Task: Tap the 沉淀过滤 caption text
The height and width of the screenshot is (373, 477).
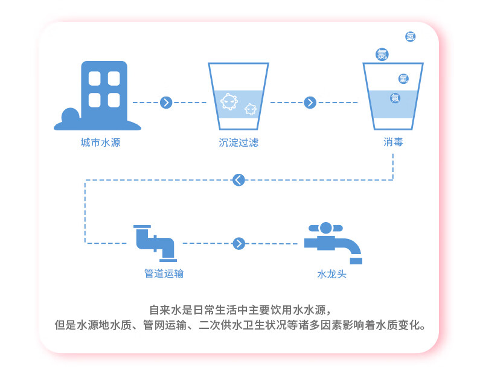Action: (x=238, y=143)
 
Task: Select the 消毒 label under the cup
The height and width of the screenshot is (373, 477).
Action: (x=393, y=142)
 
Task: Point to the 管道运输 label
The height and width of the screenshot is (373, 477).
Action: (x=164, y=273)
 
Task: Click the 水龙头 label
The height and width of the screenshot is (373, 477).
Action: (x=332, y=274)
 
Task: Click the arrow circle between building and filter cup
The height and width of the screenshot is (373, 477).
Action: (x=167, y=103)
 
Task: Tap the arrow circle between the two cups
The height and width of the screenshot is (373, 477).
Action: (x=310, y=103)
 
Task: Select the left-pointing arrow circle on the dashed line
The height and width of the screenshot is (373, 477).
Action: (x=239, y=179)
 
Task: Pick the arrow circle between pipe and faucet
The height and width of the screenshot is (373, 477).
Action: (x=239, y=243)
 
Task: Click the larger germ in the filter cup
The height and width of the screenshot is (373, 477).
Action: (x=228, y=101)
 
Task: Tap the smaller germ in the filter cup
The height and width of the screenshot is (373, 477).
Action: (x=250, y=109)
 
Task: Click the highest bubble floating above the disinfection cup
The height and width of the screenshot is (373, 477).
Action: (x=411, y=37)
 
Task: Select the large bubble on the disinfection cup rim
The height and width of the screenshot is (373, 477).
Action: (x=382, y=54)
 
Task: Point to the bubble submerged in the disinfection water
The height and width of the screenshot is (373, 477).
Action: (x=395, y=97)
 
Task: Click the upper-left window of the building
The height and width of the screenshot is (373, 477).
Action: (x=94, y=78)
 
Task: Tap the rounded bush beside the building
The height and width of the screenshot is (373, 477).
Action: (x=69, y=115)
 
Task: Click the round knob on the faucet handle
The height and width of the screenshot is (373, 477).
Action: (x=325, y=228)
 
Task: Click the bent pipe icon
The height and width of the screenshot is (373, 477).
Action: (x=155, y=241)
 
